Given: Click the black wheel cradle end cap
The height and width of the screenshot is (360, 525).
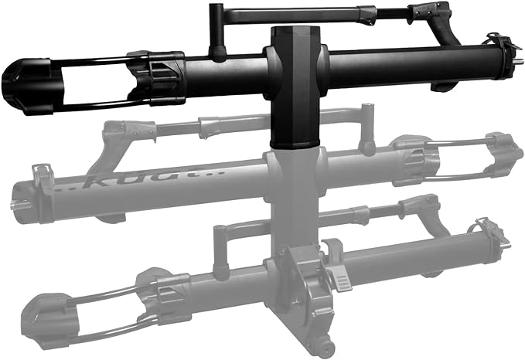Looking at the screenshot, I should (21, 86).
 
